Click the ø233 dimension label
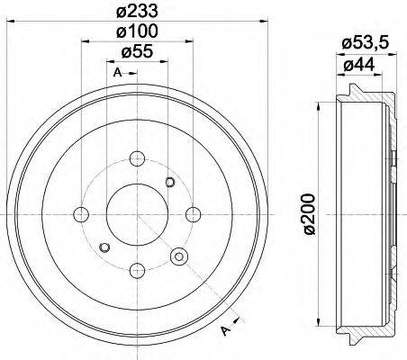click(137, 12)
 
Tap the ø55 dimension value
click(137, 52)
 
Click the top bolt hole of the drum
click(137, 159)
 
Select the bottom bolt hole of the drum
click(137, 268)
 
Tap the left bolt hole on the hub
click(82, 214)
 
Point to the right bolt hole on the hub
click(192, 214)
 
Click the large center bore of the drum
click(137, 214)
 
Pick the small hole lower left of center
click(104, 247)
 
